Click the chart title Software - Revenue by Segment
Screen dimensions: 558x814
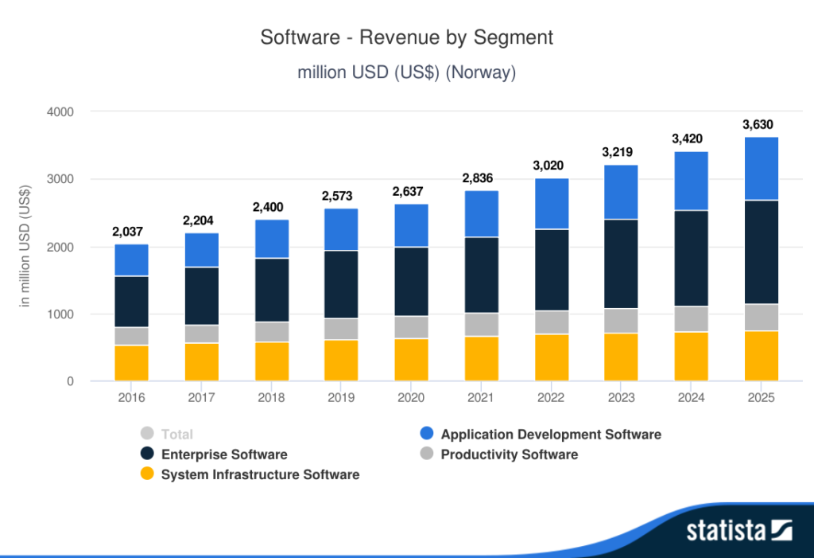pos(406,37)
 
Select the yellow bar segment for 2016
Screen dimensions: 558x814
pos(131,363)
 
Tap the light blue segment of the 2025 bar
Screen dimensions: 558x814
pos(761,169)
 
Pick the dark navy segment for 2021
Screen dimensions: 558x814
pos(481,275)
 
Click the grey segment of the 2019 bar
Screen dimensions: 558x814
pos(341,329)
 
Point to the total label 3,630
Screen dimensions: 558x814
pos(758,124)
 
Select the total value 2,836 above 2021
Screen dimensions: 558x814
pos(481,178)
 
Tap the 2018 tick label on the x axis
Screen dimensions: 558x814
pos(271,396)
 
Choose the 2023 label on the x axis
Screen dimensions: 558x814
pos(621,396)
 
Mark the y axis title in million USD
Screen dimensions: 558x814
pos(25,247)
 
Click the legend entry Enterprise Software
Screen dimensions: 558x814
pos(224,455)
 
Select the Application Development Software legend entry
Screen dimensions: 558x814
pos(551,434)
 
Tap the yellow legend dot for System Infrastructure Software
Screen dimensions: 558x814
pos(146,474)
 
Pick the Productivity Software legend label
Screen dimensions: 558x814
pos(509,455)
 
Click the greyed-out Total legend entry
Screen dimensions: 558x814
pos(176,434)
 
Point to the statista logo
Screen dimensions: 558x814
pos(739,531)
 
